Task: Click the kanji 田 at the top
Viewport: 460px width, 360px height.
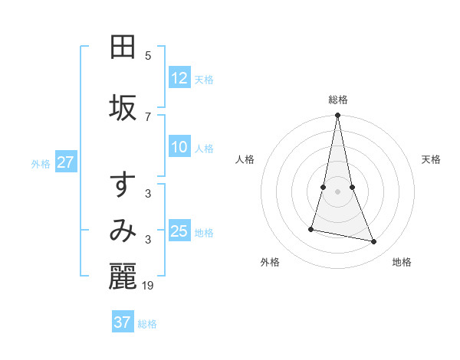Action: (x=123, y=47)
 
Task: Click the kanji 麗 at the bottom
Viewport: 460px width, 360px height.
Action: (x=123, y=277)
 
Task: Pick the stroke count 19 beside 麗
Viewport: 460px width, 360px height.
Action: (x=149, y=286)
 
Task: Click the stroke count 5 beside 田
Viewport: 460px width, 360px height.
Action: (x=148, y=56)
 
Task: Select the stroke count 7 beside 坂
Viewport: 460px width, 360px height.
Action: (x=148, y=117)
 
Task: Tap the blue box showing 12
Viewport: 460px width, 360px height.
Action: (x=179, y=78)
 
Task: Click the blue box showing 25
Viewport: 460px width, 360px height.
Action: (x=179, y=231)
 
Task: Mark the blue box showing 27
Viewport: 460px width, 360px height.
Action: (x=66, y=162)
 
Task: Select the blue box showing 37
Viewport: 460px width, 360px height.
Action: (x=123, y=322)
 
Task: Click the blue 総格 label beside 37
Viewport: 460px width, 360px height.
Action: (x=147, y=324)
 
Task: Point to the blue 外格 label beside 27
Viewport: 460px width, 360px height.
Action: (x=41, y=164)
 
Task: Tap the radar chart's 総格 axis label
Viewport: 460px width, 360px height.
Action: (x=338, y=100)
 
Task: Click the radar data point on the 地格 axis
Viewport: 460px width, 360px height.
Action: (x=374, y=242)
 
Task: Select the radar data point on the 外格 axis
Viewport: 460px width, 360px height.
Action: (x=311, y=229)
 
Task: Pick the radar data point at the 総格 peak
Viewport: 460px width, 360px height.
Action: (x=338, y=116)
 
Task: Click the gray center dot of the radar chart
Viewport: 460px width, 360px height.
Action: (x=338, y=191)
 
